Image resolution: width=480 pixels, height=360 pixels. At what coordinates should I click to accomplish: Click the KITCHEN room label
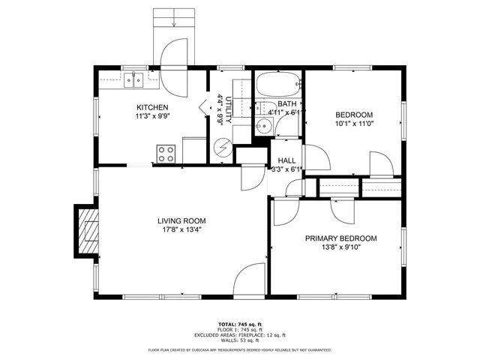152,107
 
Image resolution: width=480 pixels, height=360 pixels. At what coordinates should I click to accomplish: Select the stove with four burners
166,154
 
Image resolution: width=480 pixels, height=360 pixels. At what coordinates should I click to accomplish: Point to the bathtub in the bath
278,85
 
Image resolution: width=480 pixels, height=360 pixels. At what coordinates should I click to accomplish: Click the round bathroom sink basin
262,125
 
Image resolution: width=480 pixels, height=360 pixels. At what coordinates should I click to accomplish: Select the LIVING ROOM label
179,220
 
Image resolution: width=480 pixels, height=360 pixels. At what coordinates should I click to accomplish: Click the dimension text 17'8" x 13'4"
179,230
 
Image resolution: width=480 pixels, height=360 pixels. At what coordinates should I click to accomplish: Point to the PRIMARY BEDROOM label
340,238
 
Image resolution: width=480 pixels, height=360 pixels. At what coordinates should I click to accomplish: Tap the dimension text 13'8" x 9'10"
340,247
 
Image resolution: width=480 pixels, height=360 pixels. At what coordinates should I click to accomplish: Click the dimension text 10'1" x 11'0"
353,124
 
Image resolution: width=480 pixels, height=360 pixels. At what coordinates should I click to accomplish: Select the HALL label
286,161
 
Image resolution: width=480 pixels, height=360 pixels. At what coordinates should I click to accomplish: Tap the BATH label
286,103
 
